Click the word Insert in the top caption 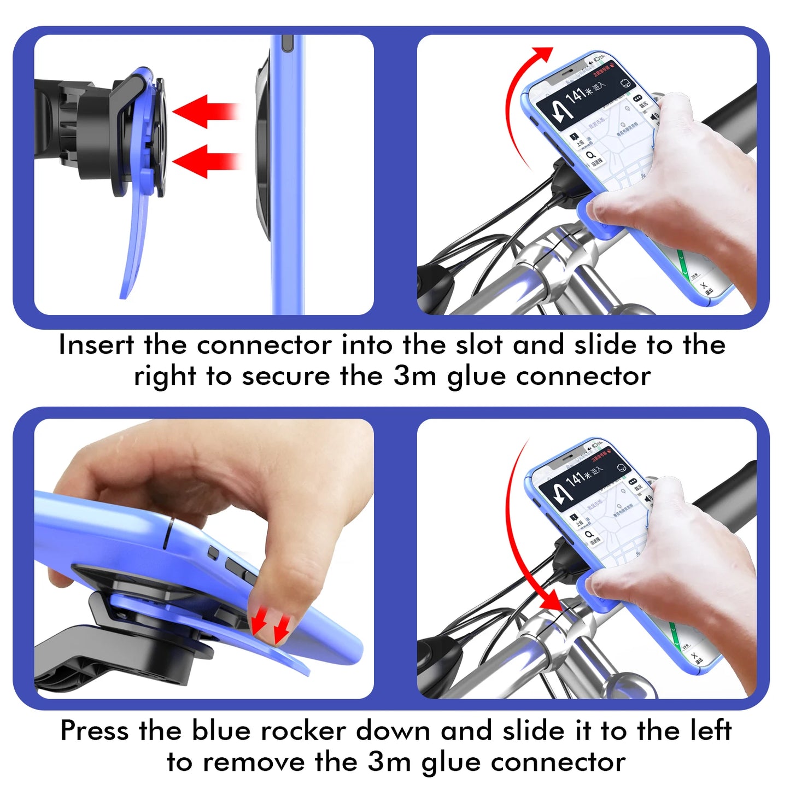click(x=96, y=345)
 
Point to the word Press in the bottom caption click(x=95, y=730)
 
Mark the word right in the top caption click(x=165, y=377)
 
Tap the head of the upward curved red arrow click(x=543, y=54)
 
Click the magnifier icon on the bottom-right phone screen click(x=589, y=534)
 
